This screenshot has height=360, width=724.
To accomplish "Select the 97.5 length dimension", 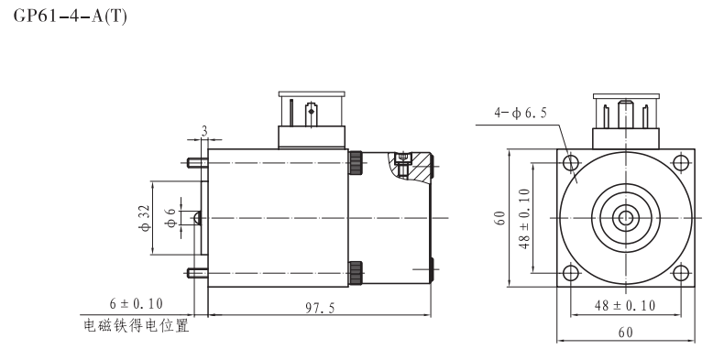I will tap(320, 309).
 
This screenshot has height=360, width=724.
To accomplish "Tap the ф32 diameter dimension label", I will tap(144, 218).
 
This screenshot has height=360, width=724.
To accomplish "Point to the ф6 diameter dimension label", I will tap(170, 218).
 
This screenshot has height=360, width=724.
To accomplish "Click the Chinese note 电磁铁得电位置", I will tap(137, 326).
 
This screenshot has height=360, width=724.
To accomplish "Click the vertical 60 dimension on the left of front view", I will tap(499, 218).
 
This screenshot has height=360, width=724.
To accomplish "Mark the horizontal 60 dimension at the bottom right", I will tap(626, 334).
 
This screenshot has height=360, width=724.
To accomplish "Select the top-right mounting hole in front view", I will tap(680, 163).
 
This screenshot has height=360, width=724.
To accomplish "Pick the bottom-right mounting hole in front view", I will tap(680, 272).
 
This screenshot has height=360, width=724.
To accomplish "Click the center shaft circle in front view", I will tap(626, 218).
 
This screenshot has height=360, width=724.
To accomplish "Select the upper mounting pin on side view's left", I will tap(196, 164).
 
